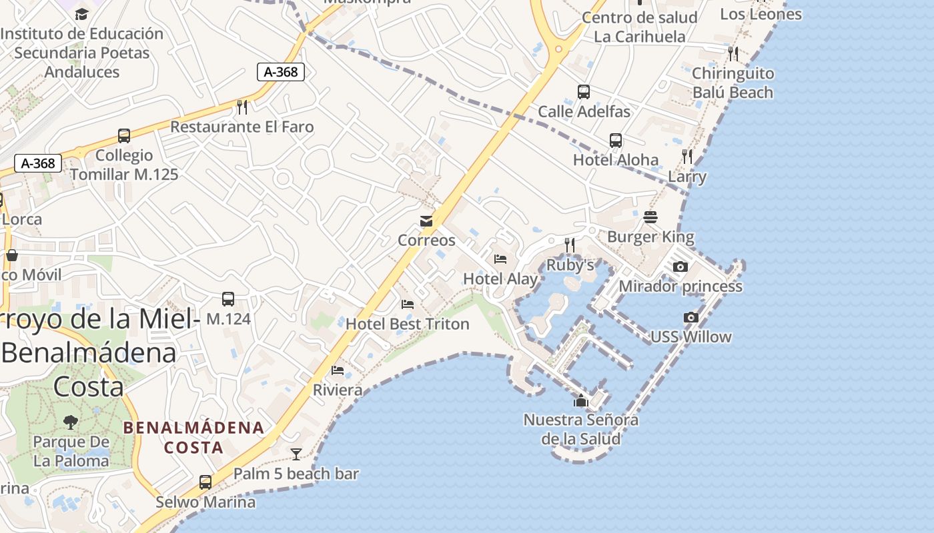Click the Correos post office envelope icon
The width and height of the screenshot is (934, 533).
point(426,221)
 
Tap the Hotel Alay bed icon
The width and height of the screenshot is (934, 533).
point(500,259)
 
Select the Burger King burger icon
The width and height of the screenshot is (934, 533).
point(650,217)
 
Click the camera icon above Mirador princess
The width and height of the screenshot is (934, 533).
point(680,267)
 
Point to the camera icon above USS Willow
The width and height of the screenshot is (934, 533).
point(691,318)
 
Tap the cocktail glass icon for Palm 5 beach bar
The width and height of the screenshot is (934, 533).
point(296,454)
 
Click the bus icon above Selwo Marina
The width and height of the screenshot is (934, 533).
point(205,482)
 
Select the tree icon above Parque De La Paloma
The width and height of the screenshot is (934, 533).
point(71,422)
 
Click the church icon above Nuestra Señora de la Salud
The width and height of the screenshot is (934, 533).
point(581,400)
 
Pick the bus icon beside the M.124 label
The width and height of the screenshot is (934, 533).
point(228,299)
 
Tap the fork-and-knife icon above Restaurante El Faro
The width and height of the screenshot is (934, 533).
point(242,107)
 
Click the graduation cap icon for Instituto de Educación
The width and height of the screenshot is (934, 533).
point(81,14)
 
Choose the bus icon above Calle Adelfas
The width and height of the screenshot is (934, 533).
point(584,92)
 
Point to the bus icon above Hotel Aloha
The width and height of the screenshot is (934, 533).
point(615,141)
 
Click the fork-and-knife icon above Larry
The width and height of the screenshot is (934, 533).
point(687,157)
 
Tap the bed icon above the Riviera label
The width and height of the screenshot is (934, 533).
point(338,370)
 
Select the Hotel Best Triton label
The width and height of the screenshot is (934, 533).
point(407,324)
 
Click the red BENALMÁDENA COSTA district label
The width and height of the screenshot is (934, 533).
point(193,437)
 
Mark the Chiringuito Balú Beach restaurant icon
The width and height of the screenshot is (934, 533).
point(733,53)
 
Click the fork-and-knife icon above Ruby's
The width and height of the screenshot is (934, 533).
point(570,245)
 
